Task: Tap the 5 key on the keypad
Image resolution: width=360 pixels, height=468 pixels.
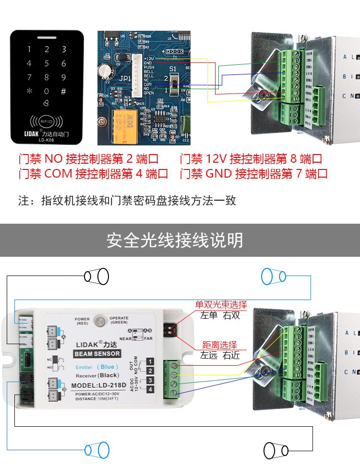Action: [x=47, y=63]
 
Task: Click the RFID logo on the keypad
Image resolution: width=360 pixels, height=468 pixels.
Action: [x=47, y=120]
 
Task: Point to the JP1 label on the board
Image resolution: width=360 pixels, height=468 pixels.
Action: [x=111, y=78]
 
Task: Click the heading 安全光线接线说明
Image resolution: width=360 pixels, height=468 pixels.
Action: [x=175, y=240]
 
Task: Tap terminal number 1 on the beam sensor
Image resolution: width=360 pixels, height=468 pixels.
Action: [x=150, y=361]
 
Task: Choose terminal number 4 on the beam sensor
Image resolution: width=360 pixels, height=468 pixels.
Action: [x=150, y=389]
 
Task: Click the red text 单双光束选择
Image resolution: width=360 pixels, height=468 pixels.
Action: [x=221, y=305]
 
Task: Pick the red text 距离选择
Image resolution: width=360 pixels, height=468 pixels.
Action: [x=219, y=345]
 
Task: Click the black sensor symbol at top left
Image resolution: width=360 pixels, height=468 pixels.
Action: [x=96, y=276]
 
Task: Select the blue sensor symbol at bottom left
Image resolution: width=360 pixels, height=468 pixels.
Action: [x=96, y=450]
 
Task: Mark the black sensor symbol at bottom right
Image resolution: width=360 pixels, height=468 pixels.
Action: [x=276, y=450]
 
